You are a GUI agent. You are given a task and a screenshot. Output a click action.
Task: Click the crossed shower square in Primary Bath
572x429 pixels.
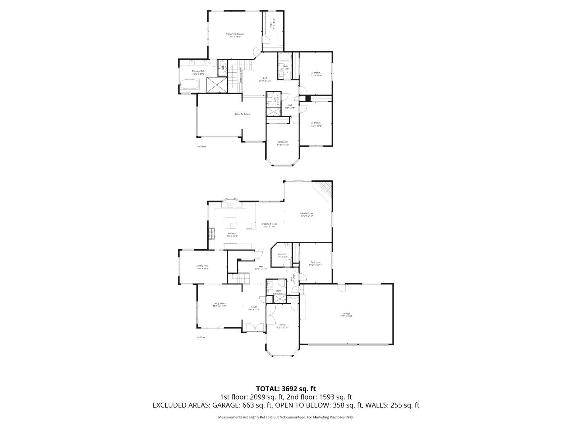[x=218, y=85]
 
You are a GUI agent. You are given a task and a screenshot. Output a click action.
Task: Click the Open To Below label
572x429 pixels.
[x=242, y=114]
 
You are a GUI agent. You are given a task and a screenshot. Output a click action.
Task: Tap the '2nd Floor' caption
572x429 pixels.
[x=201, y=147]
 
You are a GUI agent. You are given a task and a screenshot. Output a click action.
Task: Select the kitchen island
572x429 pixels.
[x=231, y=223]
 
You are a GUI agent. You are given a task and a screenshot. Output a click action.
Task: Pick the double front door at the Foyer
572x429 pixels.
[x=251, y=328]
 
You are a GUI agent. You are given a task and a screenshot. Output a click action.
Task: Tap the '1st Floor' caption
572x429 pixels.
[x=201, y=337]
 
